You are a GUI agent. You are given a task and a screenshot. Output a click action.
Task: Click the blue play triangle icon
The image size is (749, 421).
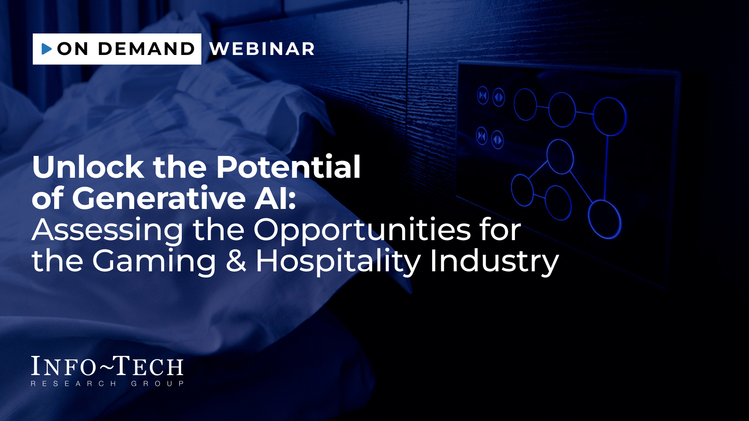[47, 49]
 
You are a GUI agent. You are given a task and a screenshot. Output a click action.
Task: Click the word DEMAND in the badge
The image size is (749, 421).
[146, 49]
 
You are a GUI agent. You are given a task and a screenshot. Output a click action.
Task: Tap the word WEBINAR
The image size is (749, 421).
[262, 49]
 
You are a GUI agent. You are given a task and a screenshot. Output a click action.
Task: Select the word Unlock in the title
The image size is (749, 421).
[88, 167]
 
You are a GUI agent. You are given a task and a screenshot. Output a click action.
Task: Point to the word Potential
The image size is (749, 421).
[288, 167]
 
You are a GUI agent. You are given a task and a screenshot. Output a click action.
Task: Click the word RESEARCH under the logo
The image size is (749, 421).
[73, 384]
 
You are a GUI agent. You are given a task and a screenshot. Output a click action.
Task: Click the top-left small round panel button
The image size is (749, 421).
[483, 95]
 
